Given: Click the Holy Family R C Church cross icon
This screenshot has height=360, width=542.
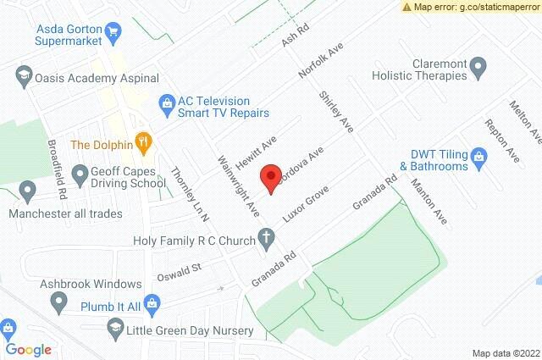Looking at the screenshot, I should [266, 240].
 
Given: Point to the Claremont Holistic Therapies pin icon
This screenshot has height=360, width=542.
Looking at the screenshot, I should [478, 66].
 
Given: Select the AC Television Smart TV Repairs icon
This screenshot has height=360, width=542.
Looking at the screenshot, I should [167, 104].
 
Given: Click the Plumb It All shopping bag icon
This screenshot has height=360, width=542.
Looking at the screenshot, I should [152, 302].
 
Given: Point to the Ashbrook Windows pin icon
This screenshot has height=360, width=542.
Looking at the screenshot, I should [59, 301].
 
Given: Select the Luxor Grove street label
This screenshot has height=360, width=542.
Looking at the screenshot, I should [305, 205].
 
